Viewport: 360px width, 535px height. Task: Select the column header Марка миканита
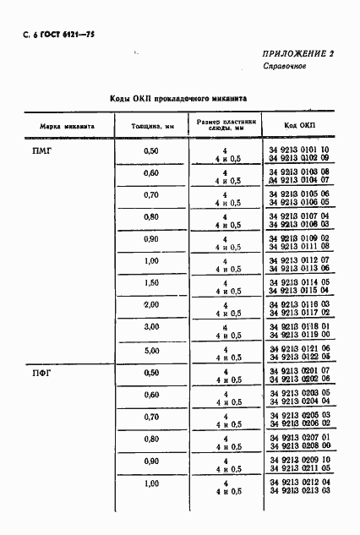tap(66, 126)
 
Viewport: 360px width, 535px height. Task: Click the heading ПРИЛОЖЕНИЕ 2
tap(298, 52)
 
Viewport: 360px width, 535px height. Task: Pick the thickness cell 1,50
tap(151, 282)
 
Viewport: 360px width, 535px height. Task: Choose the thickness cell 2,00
tap(151, 304)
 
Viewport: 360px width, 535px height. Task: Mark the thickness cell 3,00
tap(151, 326)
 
